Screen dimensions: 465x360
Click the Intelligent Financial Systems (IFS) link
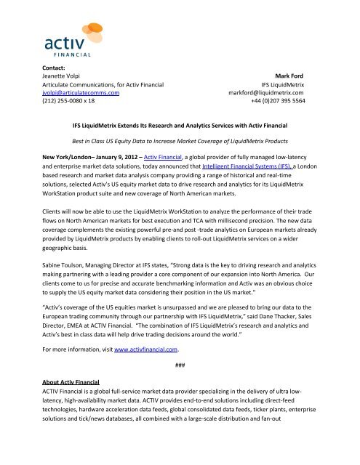(x=250, y=166)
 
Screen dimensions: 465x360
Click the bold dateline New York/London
(x=51, y=166)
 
